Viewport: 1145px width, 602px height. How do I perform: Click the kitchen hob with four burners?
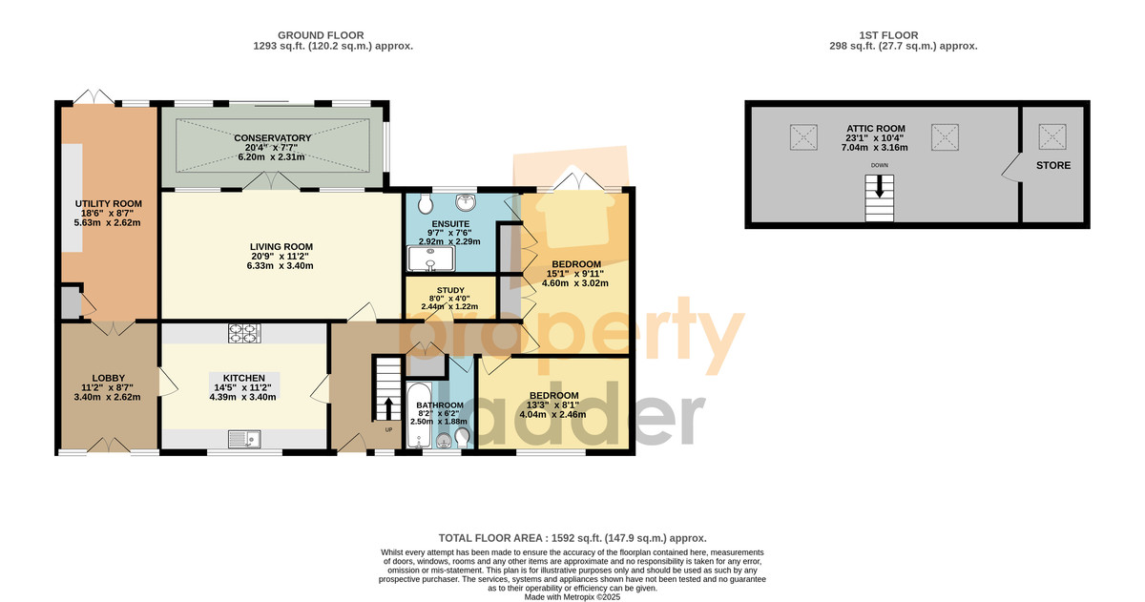point(244,333)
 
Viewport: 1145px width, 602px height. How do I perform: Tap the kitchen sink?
point(244,440)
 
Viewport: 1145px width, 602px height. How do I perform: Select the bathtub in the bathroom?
point(419,415)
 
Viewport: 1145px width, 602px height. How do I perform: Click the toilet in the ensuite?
point(426,204)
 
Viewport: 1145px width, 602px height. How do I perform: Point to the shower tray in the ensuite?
point(431,259)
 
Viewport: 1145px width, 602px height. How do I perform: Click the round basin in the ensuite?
point(467,202)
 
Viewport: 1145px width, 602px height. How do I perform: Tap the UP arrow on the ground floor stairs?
point(388,409)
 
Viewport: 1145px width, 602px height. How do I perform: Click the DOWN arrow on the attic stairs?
point(879,187)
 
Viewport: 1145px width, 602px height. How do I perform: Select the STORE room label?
point(1053,166)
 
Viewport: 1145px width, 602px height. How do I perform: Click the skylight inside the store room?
point(1052,137)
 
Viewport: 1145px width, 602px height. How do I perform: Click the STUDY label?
point(450,290)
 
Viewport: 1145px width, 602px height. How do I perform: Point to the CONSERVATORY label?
point(273,138)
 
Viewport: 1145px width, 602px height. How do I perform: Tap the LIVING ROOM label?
point(281,247)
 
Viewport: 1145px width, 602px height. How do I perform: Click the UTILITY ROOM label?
point(109,204)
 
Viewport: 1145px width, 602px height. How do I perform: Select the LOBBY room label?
point(109,378)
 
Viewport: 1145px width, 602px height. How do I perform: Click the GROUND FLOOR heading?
point(321,35)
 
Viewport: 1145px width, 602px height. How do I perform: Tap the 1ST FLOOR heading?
point(888,35)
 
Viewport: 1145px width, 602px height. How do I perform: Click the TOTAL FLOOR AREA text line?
point(572,538)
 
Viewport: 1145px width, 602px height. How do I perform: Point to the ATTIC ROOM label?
point(876,129)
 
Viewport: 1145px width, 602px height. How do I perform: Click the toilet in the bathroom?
point(462,438)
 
